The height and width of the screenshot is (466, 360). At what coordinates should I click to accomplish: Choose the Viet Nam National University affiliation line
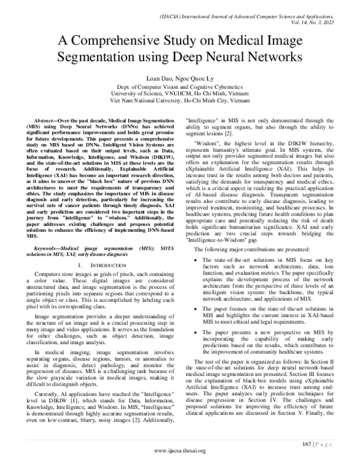click(x=180, y=101)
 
